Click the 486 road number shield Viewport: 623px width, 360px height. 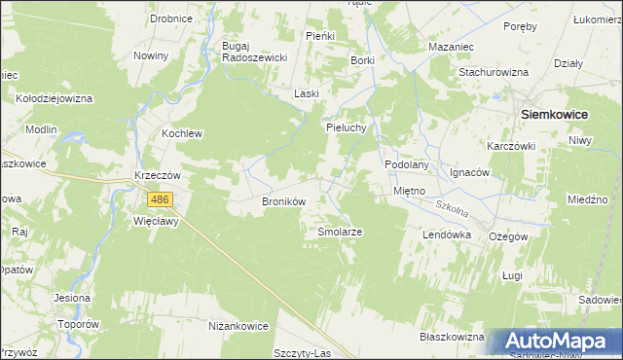tap(161, 199)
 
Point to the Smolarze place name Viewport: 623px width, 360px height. tap(341, 233)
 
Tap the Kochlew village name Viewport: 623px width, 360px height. tap(182, 133)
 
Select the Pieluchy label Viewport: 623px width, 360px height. tap(346, 127)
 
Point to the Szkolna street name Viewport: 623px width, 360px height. tap(451, 207)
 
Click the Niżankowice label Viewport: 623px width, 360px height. tap(238, 326)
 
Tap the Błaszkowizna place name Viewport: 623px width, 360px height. tap(451, 337)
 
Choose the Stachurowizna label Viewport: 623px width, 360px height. tap(494, 72)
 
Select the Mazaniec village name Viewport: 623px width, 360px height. tap(451, 46)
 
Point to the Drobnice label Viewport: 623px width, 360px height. tap(170, 18)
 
